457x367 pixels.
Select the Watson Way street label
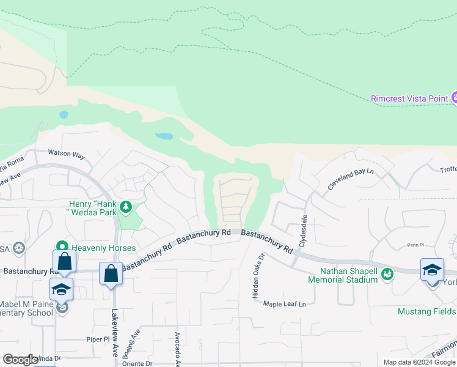point(67,155)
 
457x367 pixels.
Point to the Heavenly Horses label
point(101,248)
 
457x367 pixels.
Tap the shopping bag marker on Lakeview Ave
point(111,273)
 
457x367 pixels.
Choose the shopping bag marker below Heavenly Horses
point(65,262)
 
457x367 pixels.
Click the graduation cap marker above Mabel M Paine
point(61,289)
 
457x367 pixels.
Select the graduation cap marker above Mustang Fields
point(431,270)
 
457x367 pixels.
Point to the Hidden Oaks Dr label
point(258,276)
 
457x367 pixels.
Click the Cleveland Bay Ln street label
point(350,178)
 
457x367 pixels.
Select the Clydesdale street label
point(302,231)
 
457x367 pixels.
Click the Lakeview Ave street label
point(115,336)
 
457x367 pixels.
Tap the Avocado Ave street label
point(177,346)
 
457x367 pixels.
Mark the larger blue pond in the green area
point(164,136)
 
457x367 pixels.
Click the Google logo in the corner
point(20,360)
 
